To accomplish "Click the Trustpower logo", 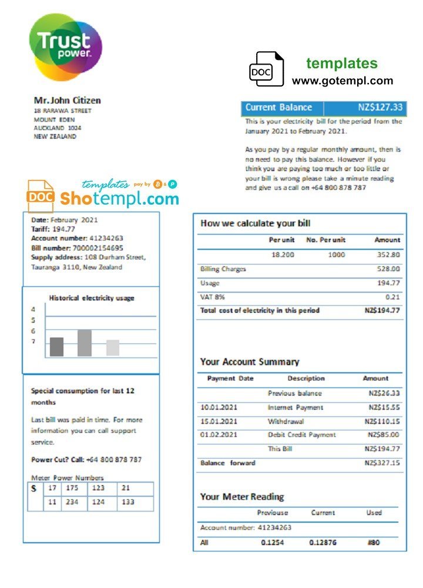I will point(65,47).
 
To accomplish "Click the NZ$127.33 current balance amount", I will point(380,108).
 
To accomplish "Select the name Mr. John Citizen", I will point(67,101).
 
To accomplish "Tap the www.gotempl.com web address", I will point(343,81).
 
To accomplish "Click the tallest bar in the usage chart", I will point(85,343).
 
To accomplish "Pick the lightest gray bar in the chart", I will point(113,348).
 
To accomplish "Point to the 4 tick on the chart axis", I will point(33,309).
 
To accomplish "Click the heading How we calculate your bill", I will point(256,223).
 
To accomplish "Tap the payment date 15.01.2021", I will point(219,422).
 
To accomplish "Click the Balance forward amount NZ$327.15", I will point(382,463).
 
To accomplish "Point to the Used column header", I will point(374,513).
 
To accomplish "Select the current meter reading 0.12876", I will point(323,542).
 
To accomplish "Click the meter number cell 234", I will point(72,502).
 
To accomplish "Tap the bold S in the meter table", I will point(33,489).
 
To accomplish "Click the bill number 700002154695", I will point(94,248).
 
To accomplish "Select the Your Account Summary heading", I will point(250,362).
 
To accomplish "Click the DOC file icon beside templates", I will point(266,69).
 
